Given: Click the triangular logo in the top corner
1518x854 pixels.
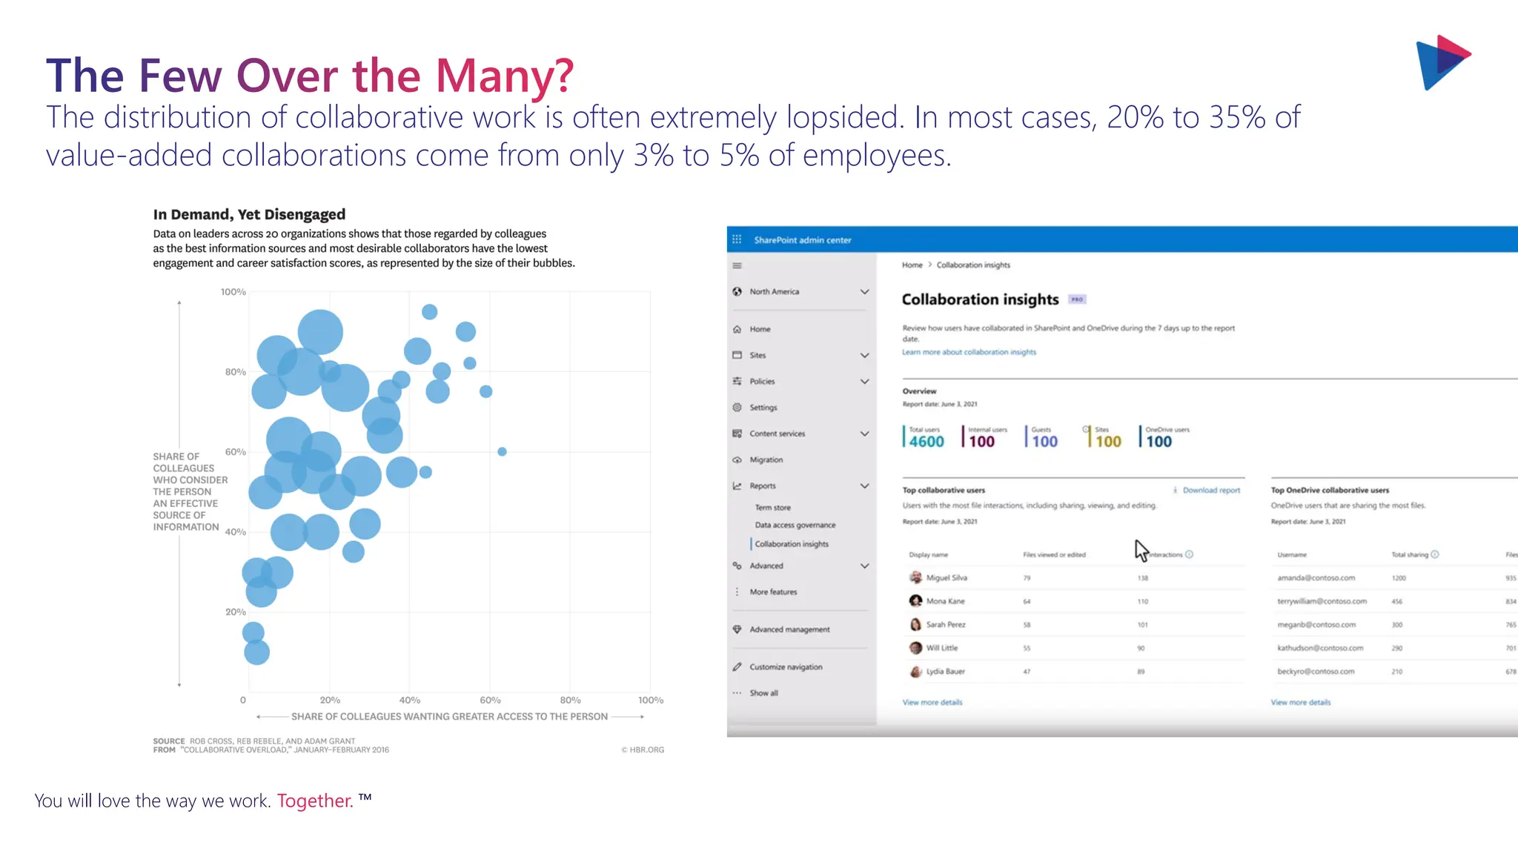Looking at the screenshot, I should pos(1442,62).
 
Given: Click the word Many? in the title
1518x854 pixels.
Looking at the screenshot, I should pos(504,76).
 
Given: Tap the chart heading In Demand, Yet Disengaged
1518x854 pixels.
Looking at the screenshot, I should pos(249,214).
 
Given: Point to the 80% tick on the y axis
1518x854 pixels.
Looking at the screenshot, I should pos(236,372).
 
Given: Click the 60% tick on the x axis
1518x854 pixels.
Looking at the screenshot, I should pos(490,700).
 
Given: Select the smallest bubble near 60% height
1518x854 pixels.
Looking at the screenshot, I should pos(502,451).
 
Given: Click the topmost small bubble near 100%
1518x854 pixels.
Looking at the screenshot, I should pos(429,312).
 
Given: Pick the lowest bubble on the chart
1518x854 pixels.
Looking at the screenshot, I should pos(256,652).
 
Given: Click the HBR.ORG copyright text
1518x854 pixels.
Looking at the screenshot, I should pos(643,749).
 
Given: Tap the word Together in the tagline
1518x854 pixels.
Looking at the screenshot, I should pos(314,801).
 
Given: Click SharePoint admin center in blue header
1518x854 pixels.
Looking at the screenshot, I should pos(802,240).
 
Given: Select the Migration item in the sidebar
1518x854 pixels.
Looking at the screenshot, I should pos(766,460).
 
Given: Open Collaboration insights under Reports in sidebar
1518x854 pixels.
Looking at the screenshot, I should pos(791,544).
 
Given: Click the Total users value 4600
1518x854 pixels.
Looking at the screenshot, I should pos(927,442).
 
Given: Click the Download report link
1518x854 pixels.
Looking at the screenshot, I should pos(1210,490).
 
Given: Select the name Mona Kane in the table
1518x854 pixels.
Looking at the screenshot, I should pos(945,601).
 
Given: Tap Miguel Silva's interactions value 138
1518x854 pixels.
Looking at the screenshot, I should pos(1142,578).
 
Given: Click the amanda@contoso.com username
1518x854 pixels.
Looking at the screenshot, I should pos(1316,577).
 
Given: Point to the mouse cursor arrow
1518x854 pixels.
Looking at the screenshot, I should pos(1140,549).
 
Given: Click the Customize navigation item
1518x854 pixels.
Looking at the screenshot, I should pos(785,667).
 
